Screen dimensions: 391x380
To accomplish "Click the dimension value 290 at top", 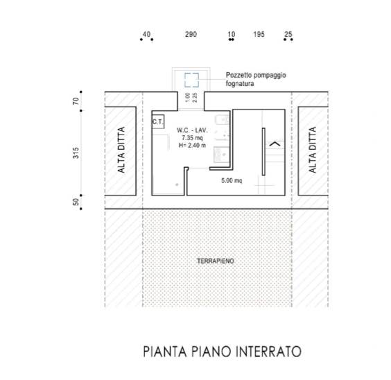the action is click(191, 34).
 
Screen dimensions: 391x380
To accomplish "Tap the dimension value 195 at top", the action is click(259, 34).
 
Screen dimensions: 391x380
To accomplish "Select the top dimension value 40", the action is click(147, 34).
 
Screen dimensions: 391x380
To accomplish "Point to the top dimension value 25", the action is click(288, 34).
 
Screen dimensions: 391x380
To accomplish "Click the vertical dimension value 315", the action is click(76, 153).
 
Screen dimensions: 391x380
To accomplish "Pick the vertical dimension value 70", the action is click(76, 101).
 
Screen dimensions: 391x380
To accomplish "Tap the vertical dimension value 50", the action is click(76, 202).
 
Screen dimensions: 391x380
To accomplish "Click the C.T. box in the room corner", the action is click(158, 121).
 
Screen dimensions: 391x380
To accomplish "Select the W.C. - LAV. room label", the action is click(192, 130).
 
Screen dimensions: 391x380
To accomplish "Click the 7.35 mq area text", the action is click(192, 137).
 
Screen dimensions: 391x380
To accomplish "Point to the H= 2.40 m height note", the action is click(192, 145).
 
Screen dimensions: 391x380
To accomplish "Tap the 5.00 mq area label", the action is click(232, 180).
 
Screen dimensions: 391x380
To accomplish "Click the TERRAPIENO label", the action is click(216, 261).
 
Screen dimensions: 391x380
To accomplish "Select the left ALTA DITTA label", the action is click(121, 150).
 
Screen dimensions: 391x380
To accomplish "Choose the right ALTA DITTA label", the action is click(313, 150).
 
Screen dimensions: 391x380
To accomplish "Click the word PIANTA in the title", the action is click(165, 352).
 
